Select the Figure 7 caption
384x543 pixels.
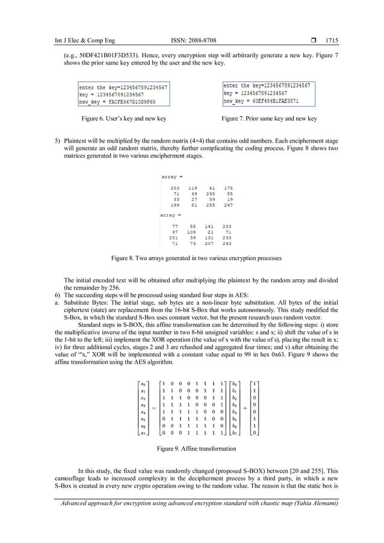point(269,119)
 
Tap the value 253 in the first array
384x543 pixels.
point(175,188)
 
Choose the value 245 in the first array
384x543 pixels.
point(211,194)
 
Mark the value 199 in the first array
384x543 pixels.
point(175,205)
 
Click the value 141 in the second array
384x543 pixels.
point(211,226)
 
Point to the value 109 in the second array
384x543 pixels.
point(192,232)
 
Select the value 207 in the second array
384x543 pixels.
point(211,243)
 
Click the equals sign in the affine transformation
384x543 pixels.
point(153,408)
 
